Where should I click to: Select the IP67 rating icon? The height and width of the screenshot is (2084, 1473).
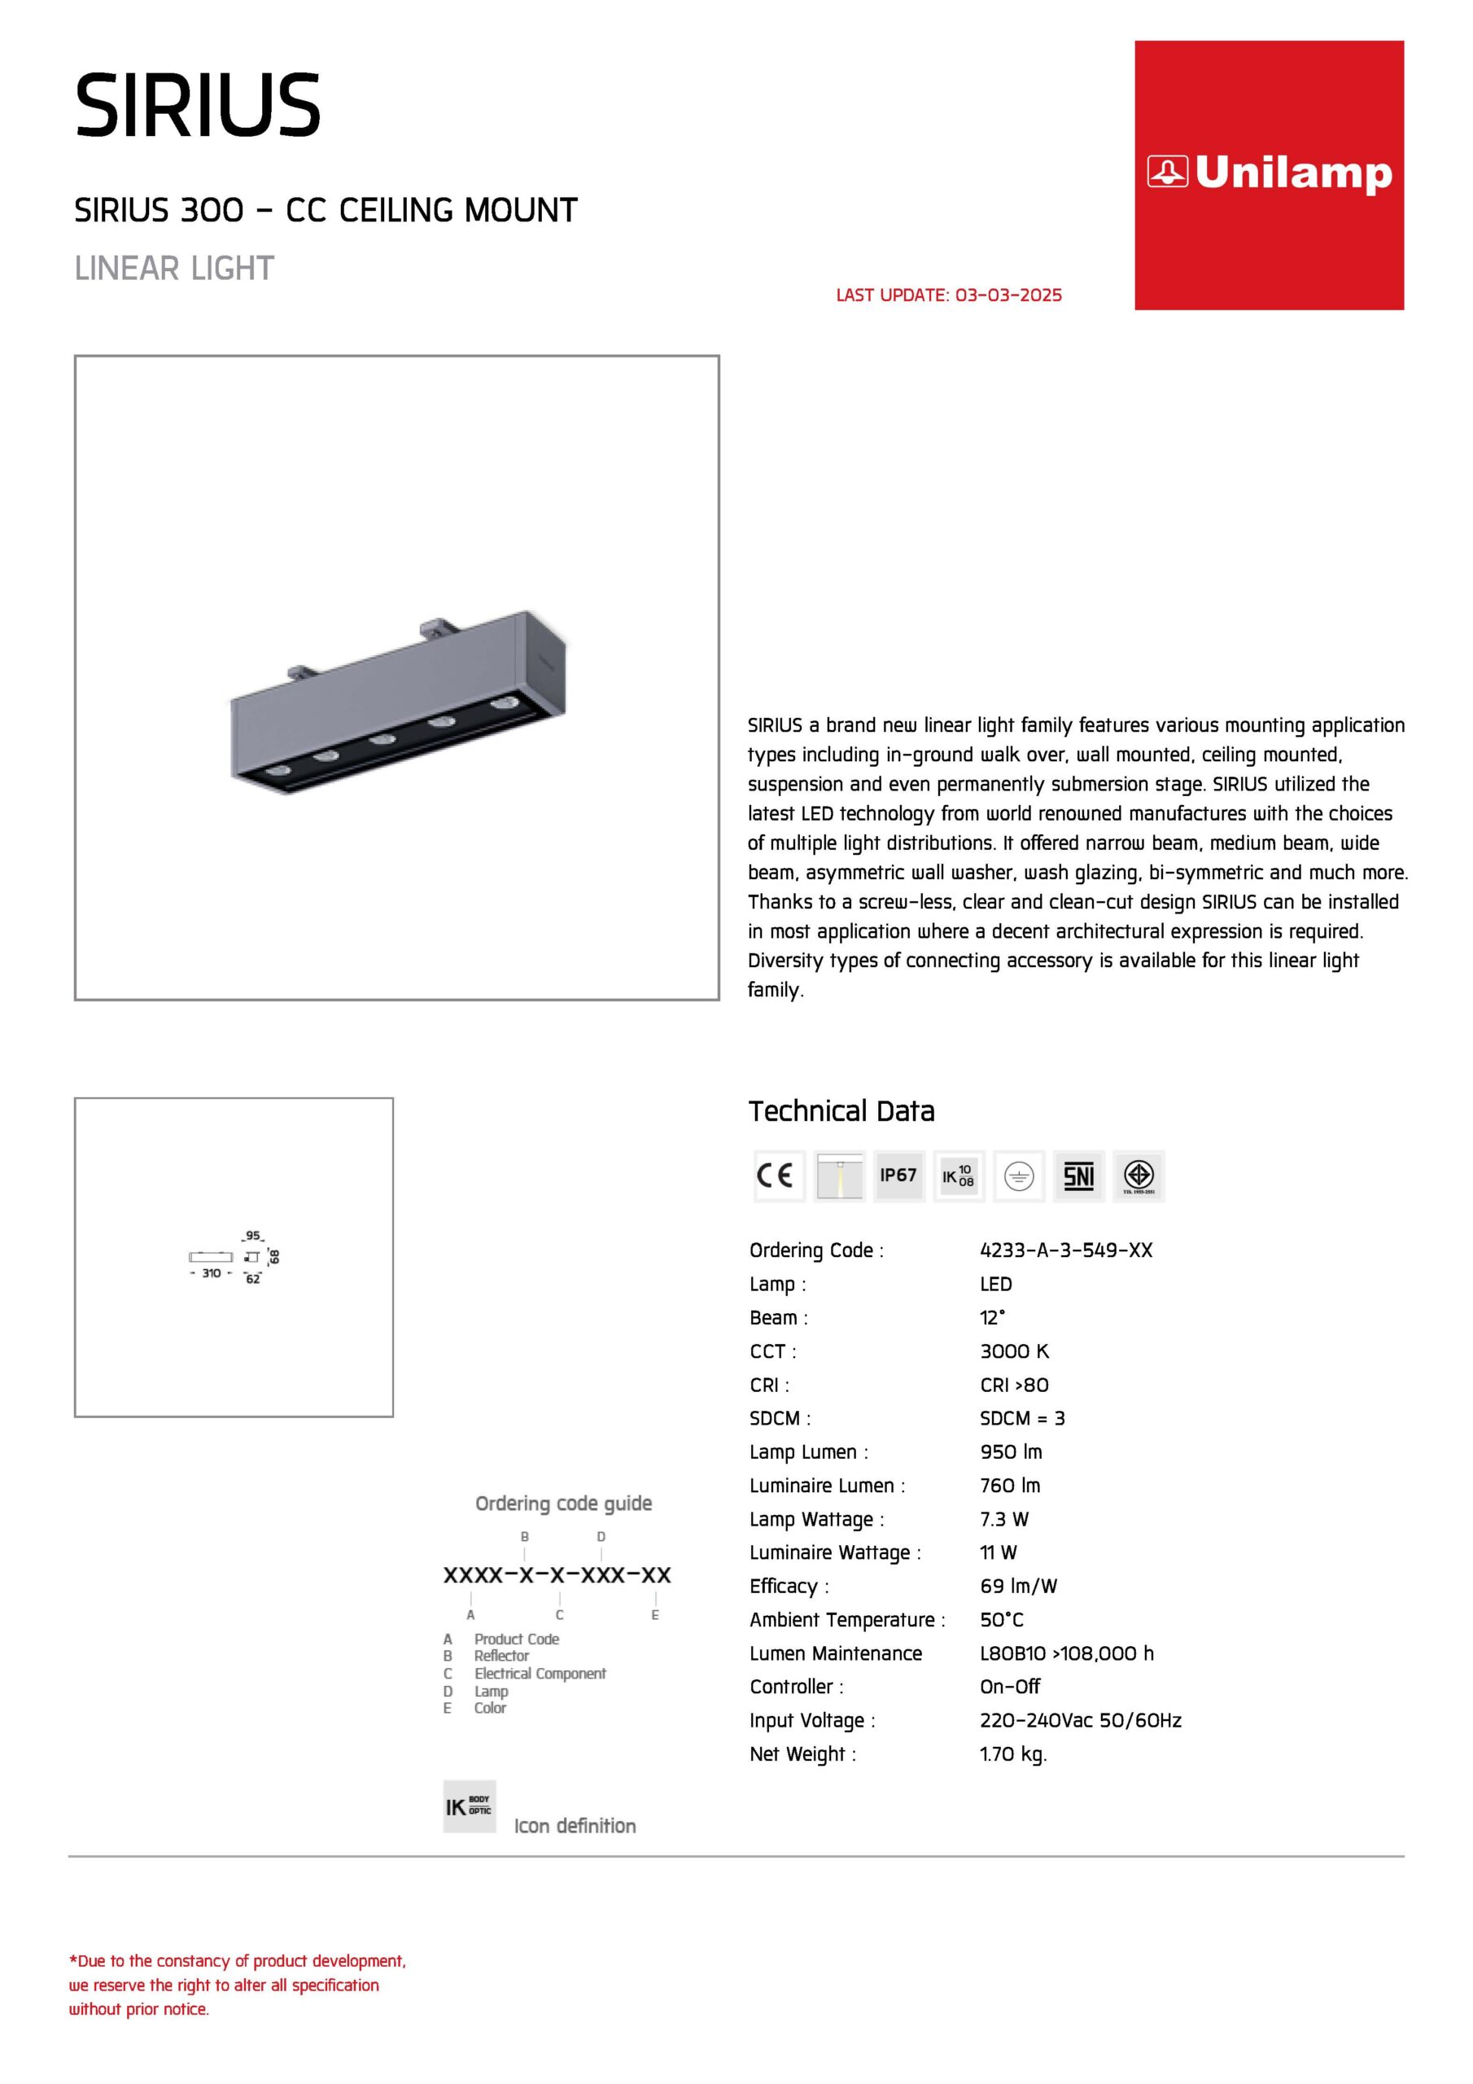[898, 1176]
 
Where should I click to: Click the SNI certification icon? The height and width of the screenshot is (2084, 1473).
[1078, 1176]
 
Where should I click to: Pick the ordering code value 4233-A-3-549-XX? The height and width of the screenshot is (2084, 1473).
[1065, 1250]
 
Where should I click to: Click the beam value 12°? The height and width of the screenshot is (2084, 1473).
[992, 1318]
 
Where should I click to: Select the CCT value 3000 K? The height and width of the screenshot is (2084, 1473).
[1014, 1351]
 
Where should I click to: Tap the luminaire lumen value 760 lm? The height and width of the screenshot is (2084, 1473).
[1010, 1486]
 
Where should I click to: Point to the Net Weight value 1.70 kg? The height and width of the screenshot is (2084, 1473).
[1013, 1754]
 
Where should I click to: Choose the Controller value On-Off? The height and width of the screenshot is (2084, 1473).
[1009, 1688]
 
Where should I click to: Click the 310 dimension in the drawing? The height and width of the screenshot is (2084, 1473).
[212, 1273]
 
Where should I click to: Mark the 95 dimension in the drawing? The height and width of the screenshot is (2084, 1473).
[252, 1237]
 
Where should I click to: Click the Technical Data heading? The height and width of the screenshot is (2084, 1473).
[841, 1111]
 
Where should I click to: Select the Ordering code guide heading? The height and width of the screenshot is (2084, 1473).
[564, 1504]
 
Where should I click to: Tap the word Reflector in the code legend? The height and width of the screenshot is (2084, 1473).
[501, 1657]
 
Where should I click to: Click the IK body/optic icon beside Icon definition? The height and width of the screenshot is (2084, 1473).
[470, 1806]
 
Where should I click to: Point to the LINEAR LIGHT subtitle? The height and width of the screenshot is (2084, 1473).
[174, 269]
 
